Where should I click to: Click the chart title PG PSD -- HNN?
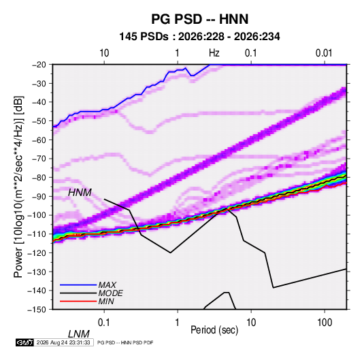pos(199,19)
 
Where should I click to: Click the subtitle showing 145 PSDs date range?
pos(199,37)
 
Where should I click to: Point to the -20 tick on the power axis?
pos(39,65)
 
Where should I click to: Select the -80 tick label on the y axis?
pos(39,178)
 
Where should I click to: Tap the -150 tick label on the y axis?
pos(37,310)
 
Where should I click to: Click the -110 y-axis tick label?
pos(37,234)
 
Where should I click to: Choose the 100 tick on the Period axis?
pos(325,323)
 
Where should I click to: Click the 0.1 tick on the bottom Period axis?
pos(104,323)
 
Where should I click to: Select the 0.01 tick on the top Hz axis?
pos(324,53)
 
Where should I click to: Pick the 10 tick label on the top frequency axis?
pos(104,53)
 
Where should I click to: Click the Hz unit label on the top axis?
pos(214,53)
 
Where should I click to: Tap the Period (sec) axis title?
pos(214,330)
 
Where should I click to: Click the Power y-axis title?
pos(18,187)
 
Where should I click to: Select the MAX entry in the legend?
pos(107,285)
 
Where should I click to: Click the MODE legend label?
pos(110,293)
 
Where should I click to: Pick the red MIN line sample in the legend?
pos(78,301)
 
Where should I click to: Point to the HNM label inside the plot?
pos(80,193)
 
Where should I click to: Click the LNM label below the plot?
pos(78,334)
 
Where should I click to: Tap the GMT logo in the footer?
pos(24,342)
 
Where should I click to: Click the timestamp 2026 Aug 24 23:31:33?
pos(63,342)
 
